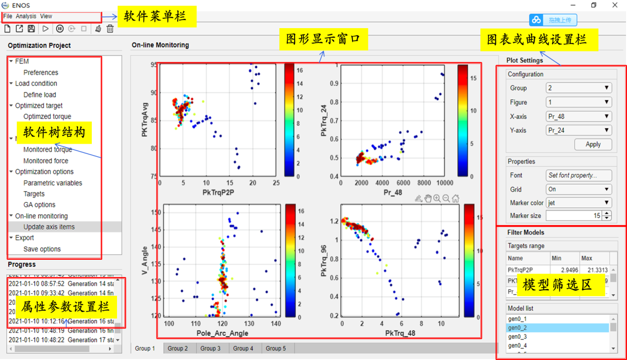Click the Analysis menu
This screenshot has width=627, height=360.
click(x=26, y=16)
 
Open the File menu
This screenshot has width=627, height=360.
click(x=8, y=16)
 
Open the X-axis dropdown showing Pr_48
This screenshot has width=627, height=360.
click(x=579, y=117)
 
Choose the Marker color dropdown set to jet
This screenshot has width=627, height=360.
click(x=579, y=202)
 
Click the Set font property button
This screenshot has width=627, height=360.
click(x=579, y=175)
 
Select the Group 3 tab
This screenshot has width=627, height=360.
click(x=210, y=348)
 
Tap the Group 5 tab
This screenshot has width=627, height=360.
click(x=275, y=348)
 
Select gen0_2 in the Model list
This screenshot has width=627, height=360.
click(x=517, y=328)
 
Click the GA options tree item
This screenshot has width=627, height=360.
click(x=39, y=205)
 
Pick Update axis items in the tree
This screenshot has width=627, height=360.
click(x=49, y=227)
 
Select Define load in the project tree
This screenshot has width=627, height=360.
click(x=39, y=95)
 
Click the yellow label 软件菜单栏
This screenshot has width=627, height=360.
click(x=155, y=17)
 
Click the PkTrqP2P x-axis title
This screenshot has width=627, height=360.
click(x=218, y=192)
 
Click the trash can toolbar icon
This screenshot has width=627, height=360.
click(x=110, y=29)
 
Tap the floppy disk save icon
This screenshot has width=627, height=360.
click(x=31, y=29)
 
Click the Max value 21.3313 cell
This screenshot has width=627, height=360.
click(x=595, y=270)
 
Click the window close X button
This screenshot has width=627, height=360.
click(x=615, y=5)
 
